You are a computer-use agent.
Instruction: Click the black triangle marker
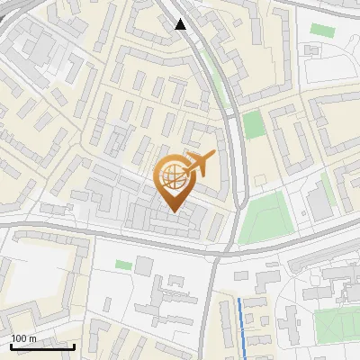[181, 24]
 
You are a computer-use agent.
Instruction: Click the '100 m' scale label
[24, 338]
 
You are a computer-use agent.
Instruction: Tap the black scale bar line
[42, 346]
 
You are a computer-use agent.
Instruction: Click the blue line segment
[243, 324]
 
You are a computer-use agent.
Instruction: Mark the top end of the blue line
[239, 298]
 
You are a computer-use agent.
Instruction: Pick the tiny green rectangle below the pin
[123, 265]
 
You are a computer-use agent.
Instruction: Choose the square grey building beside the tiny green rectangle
[144, 265]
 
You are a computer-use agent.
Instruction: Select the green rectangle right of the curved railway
[254, 125]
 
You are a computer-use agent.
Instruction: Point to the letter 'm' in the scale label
[32, 338]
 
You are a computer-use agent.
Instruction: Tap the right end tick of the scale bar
[74, 346]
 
